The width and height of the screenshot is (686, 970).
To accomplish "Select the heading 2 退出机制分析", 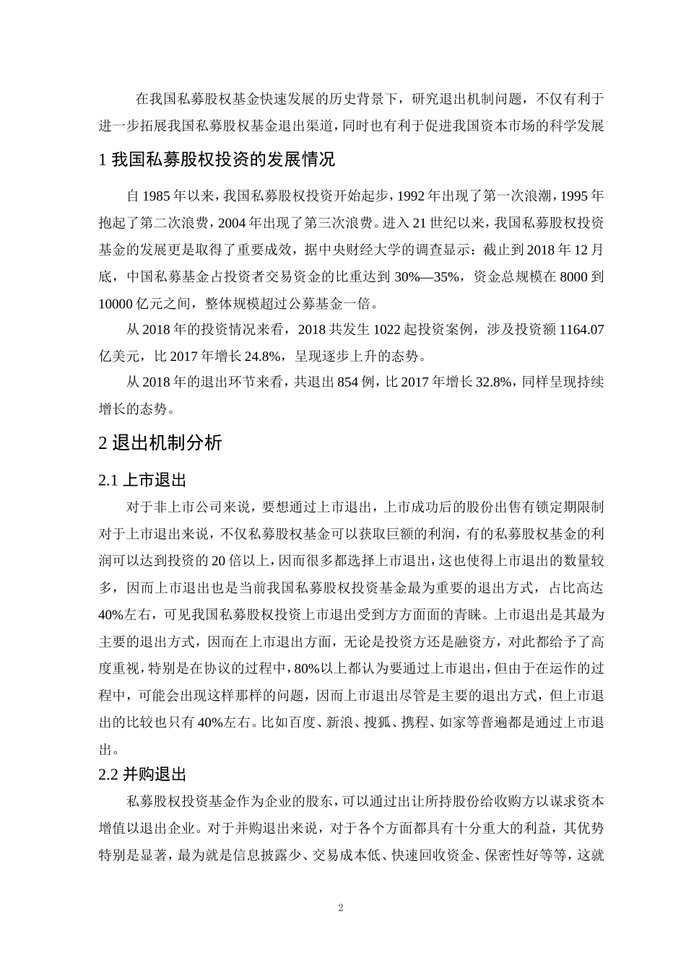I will click(x=160, y=443).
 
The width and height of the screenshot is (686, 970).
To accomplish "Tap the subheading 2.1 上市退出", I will click(x=142, y=479).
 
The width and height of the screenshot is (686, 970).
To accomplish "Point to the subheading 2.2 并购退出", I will click(x=142, y=775).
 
